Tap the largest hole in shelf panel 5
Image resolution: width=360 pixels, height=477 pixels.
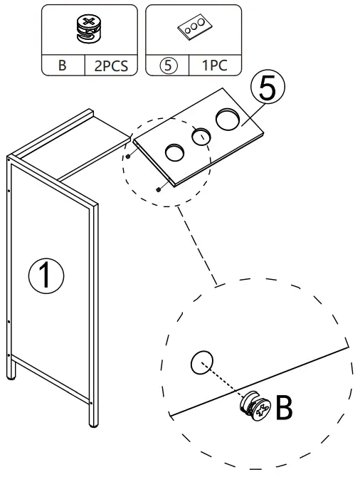(229, 118)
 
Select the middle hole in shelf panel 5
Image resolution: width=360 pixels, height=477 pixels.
(201, 135)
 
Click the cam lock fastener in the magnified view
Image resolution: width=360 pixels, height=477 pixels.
(255, 408)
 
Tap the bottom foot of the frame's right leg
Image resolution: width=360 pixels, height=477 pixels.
(93, 424)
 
